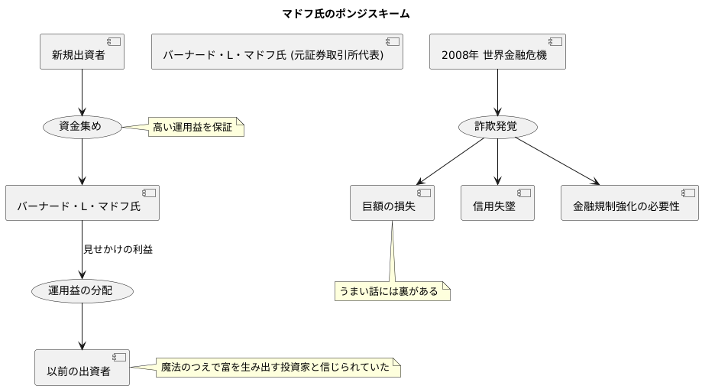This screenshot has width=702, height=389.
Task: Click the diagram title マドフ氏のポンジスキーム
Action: [x=351, y=14]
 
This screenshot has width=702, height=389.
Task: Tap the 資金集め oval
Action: [x=82, y=127]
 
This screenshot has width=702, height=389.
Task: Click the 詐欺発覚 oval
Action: [x=497, y=127]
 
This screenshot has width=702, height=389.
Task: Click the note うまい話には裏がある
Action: [x=392, y=291]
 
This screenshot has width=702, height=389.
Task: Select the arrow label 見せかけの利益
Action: [x=118, y=249]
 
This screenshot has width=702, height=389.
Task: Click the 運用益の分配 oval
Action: [x=82, y=291]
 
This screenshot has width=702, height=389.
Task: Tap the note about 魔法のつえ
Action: [x=278, y=368]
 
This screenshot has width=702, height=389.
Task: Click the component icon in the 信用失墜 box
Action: [x=524, y=192]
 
